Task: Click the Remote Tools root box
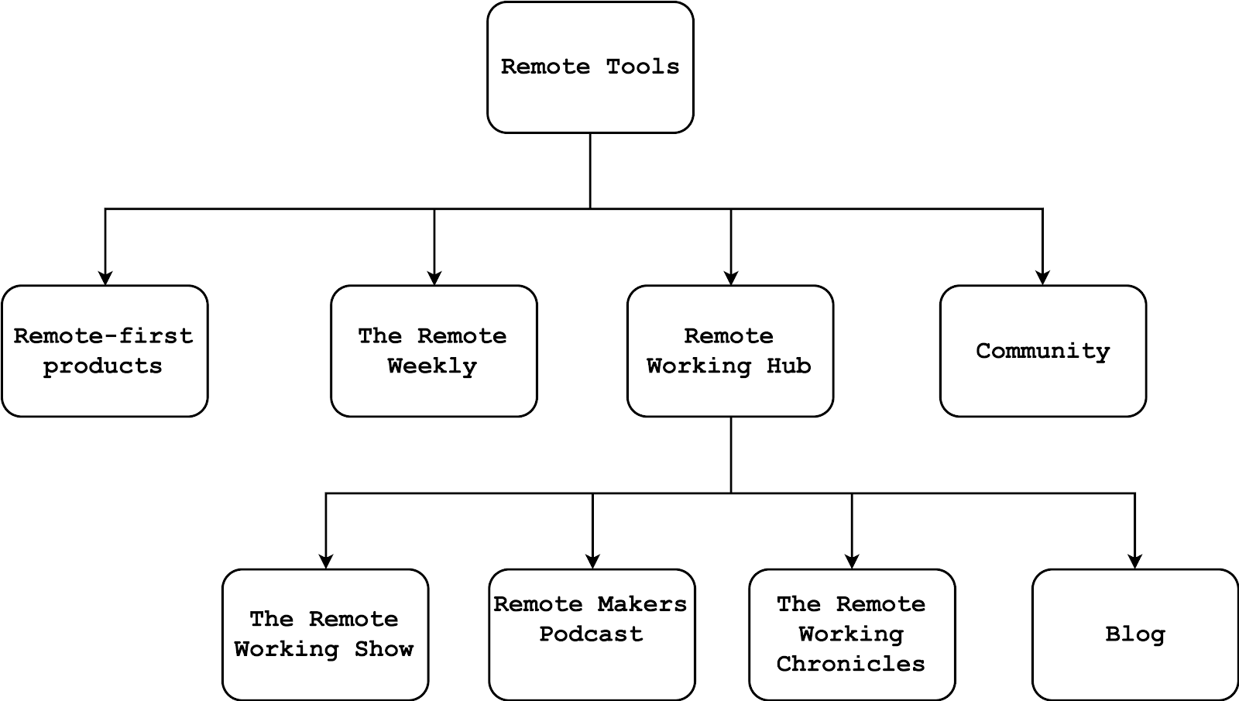[590, 67]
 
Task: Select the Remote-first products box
[105, 351]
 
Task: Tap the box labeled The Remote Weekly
[434, 351]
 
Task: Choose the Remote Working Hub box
[730, 351]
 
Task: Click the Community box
[1042, 351]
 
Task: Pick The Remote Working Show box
[325, 634]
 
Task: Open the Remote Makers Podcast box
[592, 634]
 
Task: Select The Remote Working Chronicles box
[852, 634]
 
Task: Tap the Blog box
[1134, 634]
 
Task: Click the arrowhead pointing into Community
[1042, 278]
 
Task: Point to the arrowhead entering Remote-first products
[105, 278]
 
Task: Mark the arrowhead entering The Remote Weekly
[434, 278]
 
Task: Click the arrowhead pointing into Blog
[1134, 562]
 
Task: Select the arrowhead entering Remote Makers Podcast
[592, 562]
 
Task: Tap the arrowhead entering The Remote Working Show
[326, 562]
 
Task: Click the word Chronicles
[850, 664]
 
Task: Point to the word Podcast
[591, 634]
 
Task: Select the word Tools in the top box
[642, 67]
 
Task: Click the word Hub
[788, 366]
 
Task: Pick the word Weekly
[432, 366]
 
